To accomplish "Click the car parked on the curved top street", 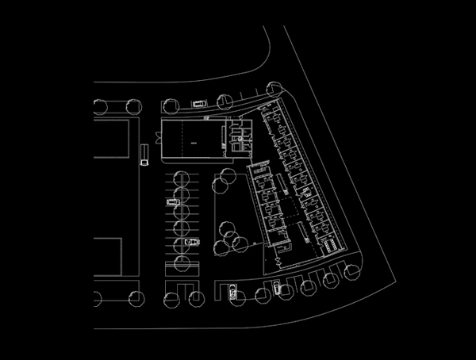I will [198, 103].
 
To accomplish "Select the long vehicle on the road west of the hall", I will [144, 154].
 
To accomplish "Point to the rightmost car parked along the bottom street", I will [276, 288].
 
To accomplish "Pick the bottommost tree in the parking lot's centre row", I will [182, 262].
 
